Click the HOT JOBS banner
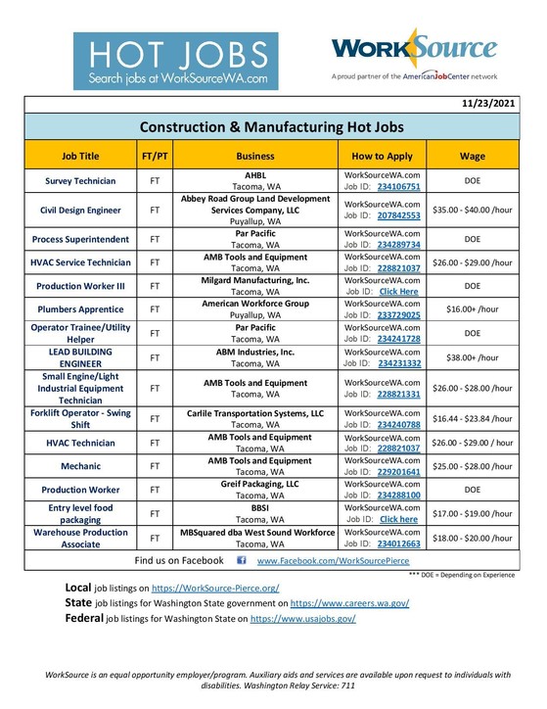[x=175, y=61]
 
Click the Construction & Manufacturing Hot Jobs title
[x=272, y=127]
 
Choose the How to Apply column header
[x=382, y=155]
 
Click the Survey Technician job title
[x=80, y=181]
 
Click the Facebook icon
[x=241, y=561]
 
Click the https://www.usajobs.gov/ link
[x=302, y=620]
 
